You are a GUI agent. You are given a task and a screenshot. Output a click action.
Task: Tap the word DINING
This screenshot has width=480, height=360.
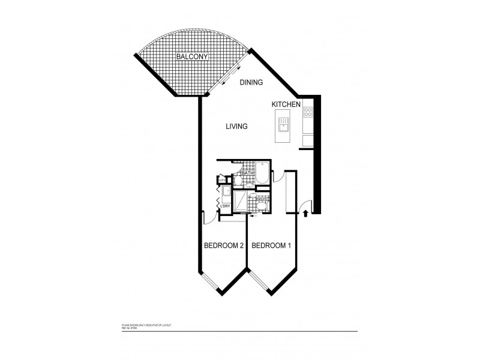pyautogui.click(x=252, y=82)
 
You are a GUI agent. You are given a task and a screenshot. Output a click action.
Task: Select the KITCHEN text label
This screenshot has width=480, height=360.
pyautogui.click(x=286, y=104)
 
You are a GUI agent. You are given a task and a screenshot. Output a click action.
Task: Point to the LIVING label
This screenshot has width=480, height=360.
pyautogui.click(x=237, y=127)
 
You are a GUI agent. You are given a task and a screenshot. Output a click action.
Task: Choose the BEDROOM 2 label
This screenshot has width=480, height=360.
pyautogui.click(x=224, y=245)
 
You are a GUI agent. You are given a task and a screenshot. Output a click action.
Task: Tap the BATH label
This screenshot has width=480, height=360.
pyautogui.click(x=248, y=173)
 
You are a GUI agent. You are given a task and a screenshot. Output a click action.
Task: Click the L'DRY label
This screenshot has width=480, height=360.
pyautogui.click(x=226, y=207)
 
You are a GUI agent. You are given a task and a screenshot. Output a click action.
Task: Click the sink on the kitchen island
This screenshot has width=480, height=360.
pyautogui.click(x=283, y=127)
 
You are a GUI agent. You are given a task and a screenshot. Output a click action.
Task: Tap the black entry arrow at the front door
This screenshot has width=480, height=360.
pyautogui.click(x=306, y=212)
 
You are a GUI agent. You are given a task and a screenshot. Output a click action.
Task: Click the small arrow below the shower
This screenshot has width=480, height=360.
pyautogui.click(x=251, y=216)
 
